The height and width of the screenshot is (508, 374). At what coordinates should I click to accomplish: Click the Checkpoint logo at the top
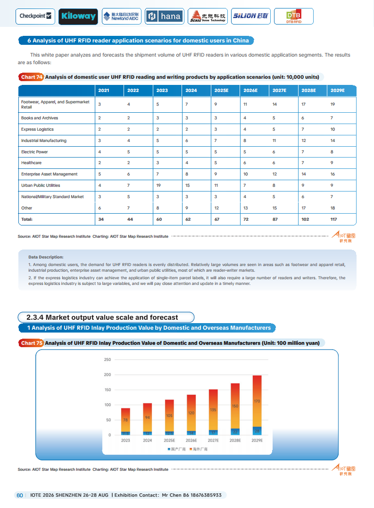point(36,16)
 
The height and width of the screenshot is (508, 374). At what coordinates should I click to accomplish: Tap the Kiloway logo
point(78,16)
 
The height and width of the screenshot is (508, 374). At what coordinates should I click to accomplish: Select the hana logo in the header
point(164,16)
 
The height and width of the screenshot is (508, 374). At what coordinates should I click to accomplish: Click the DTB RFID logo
point(294,17)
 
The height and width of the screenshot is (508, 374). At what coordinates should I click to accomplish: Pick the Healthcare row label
point(31,163)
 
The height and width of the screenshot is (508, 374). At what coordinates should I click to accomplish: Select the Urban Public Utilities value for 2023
point(160,185)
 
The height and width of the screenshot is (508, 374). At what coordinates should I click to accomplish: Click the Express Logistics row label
point(37,129)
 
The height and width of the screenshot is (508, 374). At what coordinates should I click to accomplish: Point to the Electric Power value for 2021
point(100,152)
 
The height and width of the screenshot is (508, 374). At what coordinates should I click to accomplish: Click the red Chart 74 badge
point(32,77)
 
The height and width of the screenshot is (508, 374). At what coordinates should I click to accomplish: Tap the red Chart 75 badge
point(32,343)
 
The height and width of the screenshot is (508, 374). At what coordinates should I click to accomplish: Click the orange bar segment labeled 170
point(257,401)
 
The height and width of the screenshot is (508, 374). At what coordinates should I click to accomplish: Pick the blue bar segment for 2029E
point(257,431)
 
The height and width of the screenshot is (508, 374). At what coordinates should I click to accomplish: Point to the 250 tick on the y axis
point(107,360)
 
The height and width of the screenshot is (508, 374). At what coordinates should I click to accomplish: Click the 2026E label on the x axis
point(191,440)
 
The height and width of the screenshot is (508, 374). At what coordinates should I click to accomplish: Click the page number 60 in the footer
point(20,495)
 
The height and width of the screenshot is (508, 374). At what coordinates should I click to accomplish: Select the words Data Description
point(46,257)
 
